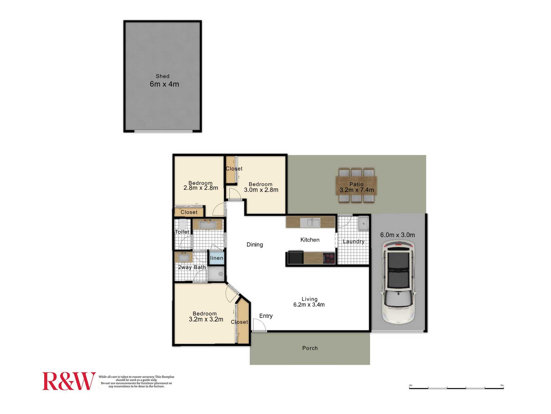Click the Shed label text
tap(163, 76)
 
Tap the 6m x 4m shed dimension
tap(164, 84)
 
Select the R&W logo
tap(69, 381)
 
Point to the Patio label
tap(356, 184)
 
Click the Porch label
tap(310, 348)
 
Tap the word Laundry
tap(353, 242)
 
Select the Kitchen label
tap(310, 240)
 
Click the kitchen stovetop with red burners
tap(329, 258)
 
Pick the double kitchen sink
tap(310, 222)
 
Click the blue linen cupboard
tap(217, 258)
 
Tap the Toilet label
tap(182, 232)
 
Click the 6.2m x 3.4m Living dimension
tap(309, 305)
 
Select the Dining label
tap(255, 245)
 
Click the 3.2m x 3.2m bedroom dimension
tap(206, 319)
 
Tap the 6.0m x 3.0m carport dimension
tap(398, 235)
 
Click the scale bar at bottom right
tap(457, 388)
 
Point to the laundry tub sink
tap(363, 223)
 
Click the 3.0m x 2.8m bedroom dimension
tap(261, 190)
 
